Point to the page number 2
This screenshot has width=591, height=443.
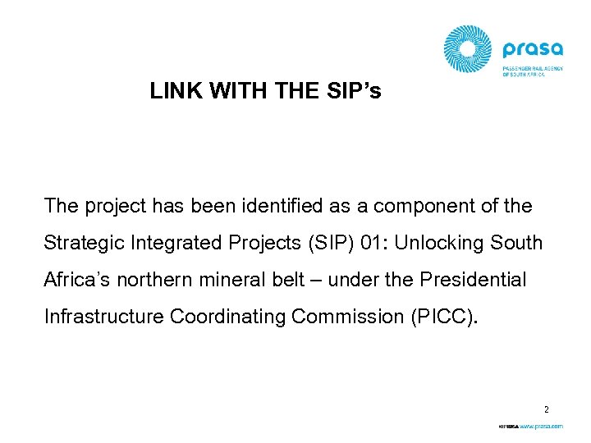point(546,408)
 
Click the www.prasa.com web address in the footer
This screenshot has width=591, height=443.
point(540,427)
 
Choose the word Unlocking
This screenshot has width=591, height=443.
point(432,243)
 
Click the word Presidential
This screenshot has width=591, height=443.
point(472,280)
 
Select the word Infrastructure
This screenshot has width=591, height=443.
point(104,317)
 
